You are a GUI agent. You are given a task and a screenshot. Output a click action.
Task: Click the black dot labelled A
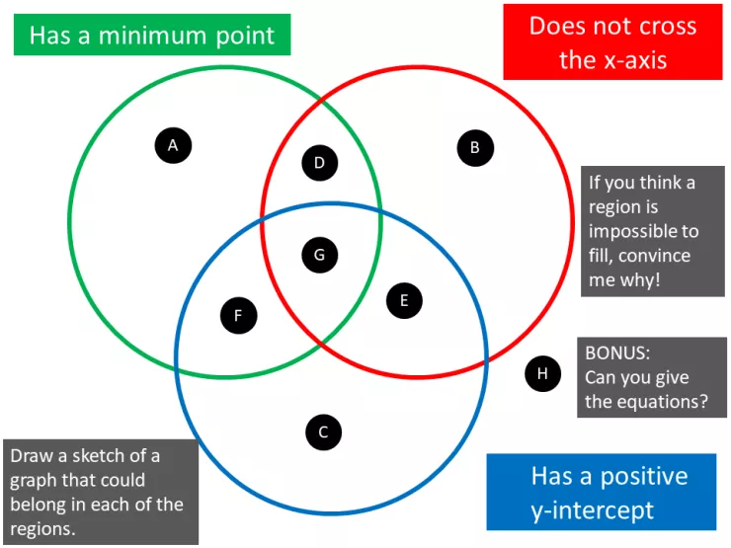pyautogui.click(x=173, y=146)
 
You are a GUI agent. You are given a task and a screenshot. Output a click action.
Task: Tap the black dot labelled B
pyautogui.click(x=475, y=148)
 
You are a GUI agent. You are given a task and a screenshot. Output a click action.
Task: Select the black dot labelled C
pyautogui.click(x=323, y=431)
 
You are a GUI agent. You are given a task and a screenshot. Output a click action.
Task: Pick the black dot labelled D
pyautogui.click(x=319, y=163)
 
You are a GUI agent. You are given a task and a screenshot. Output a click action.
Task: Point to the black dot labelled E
pyautogui.click(x=404, y=299)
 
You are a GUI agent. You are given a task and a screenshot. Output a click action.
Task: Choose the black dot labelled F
pyautogui.click(x=238, y=316)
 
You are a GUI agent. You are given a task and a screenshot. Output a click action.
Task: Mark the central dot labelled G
pyautogui.click(x=319, y=255)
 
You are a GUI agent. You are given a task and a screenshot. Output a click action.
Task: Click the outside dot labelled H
pyautogui.click(x=542, y=373)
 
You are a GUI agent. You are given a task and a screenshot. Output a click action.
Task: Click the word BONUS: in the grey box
pyautogui.click(x=617, y=352)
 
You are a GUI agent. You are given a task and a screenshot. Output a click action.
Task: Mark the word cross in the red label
pyautogui.click(x=661, y=26)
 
